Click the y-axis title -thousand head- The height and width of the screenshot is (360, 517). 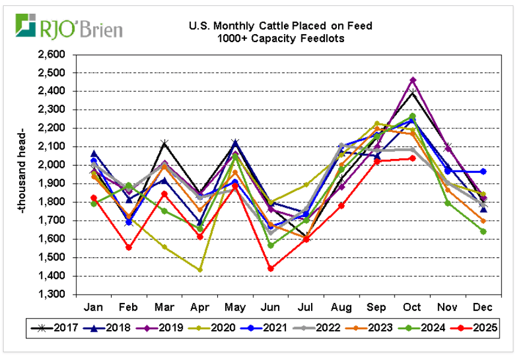pyautogui.click(x=22, y=174)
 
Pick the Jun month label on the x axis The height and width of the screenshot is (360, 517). pyautogui.click(x=270, y=307)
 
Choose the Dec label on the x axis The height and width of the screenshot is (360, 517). pyautogui.click(x=482, y=307)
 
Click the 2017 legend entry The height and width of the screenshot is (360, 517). pyautogui.click(x=56, y=328)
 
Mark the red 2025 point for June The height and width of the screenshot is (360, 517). pyautogui.click(x=270, y=268)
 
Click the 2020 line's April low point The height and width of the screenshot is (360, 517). pyautogui.click(x=200, y=270)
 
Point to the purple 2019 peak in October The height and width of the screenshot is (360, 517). pyautogui.click(x=412, y=80)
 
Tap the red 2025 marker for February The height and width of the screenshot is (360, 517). pyautogui.click(x=129, y=247)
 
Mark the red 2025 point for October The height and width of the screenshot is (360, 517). pyautogui.click(x=412, y=158)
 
